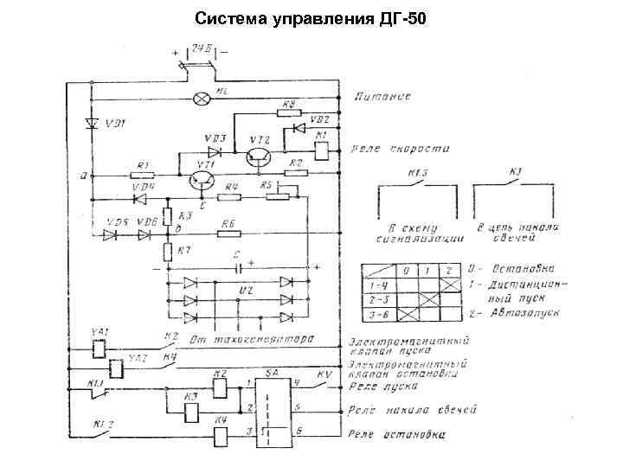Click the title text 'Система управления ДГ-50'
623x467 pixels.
point(311,18)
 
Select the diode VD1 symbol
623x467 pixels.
point(92,123)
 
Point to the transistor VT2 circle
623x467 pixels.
point(257,156)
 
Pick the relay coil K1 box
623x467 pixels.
point(320,150)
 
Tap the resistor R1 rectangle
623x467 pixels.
point(143,174)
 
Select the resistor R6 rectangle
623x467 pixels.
point(228,233)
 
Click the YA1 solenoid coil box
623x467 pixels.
point(99,349)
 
